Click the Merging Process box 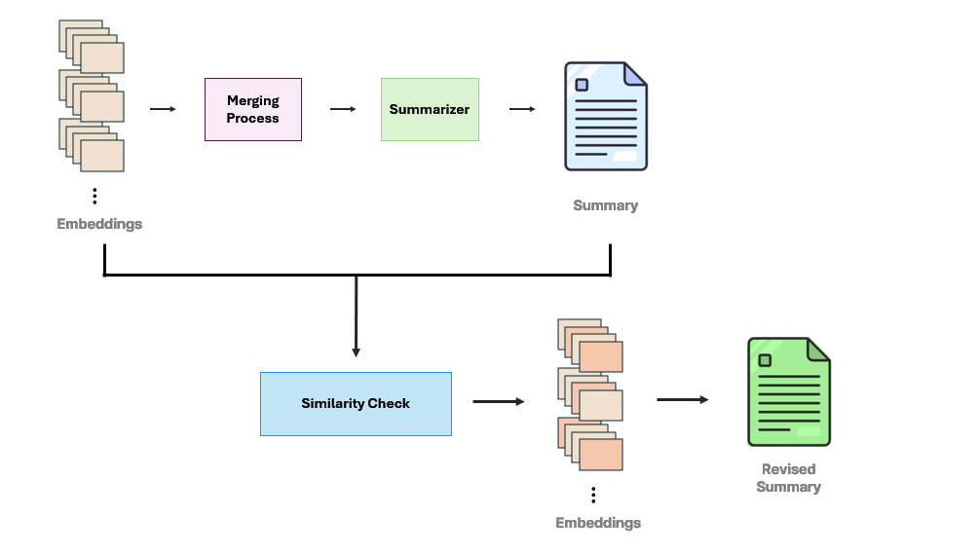(253, 109)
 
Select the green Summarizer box (430, 109)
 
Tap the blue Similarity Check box (356, 404)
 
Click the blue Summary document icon (606, 116)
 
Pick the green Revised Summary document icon (789, 391)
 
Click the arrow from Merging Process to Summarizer (343, 109)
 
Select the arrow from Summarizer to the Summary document (522, 109)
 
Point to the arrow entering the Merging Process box (163, 109)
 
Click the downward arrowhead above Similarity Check (356, 352)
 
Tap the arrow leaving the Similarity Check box (498, 402)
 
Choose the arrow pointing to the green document (683, 399)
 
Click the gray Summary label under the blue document (606, 205)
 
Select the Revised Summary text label (789, 478)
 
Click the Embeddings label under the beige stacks (99, 223)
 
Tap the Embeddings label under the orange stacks (598, 522)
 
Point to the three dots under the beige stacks (94, 196)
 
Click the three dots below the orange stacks (593, 496)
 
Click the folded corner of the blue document (635, 74)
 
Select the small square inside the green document (765, 360)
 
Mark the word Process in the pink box (253, 118)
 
